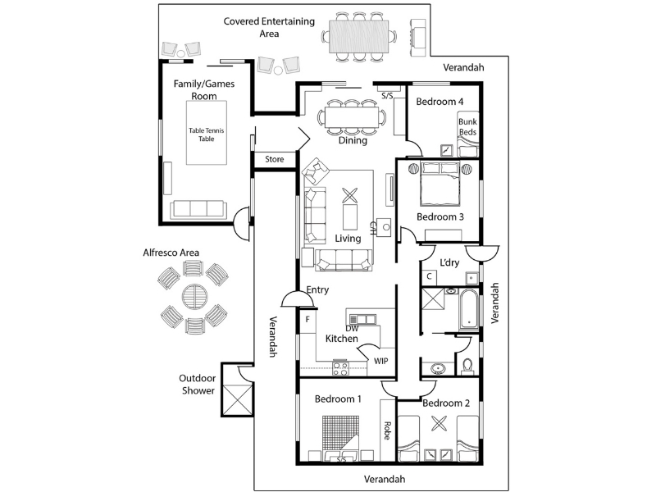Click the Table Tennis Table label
point(206,134)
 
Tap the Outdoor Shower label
point(198,385)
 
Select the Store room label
point(275,159)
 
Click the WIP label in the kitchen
point(380,360)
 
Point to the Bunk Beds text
point(467,126)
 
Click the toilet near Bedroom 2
point(467,365)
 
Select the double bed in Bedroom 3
point(440,186)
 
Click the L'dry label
point(449,262)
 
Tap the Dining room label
point(353,140)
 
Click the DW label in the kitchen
point(352,328)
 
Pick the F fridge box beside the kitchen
point(307,318)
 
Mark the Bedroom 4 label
point(440,101)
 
